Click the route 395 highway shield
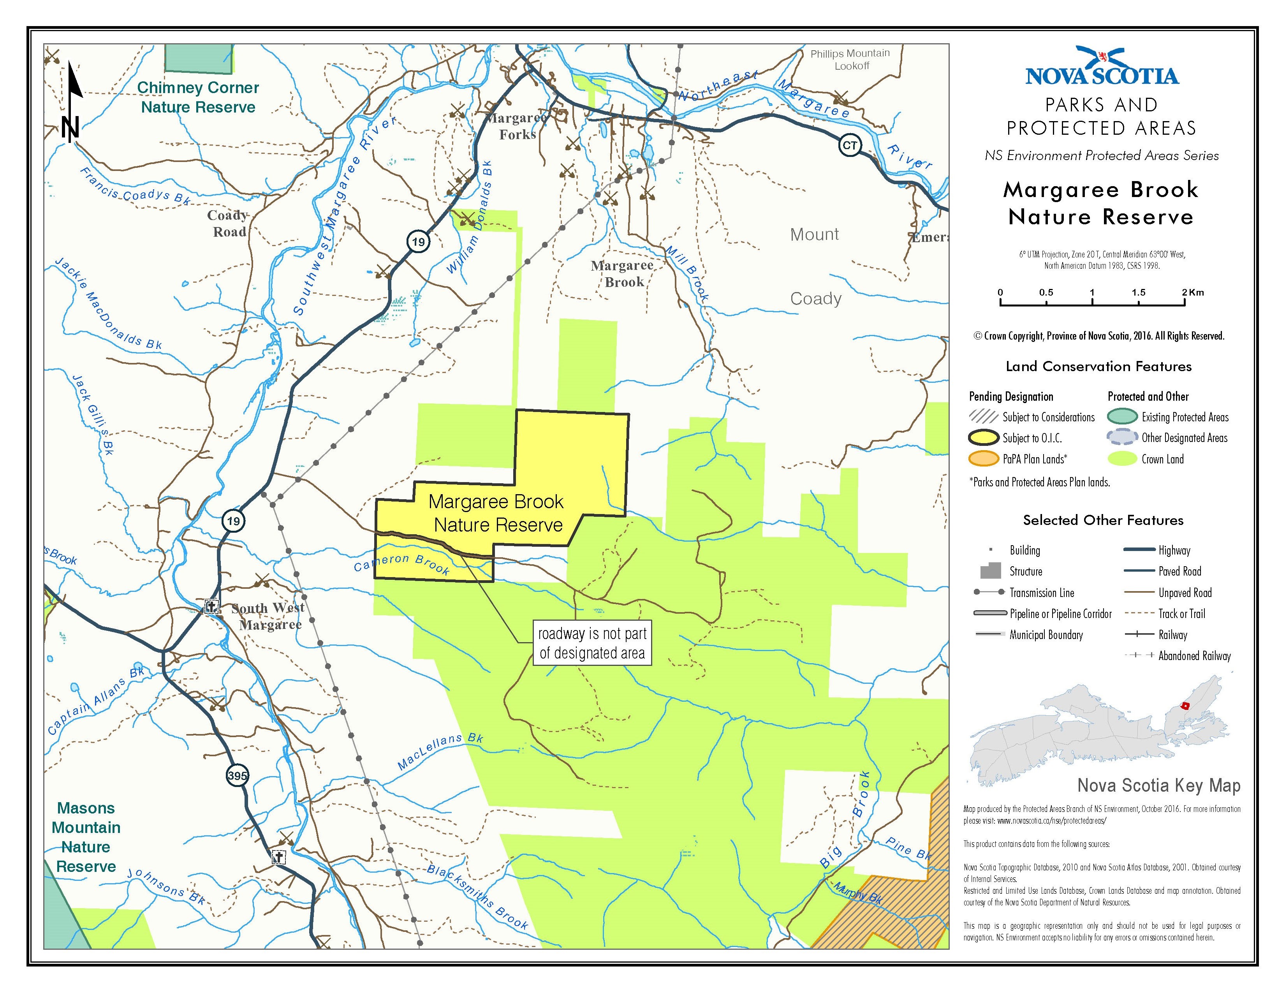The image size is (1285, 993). click(x=237, y=775)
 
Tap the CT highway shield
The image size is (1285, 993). click(x=850, y=145)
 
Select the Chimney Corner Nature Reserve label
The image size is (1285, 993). click(x=198, y=97)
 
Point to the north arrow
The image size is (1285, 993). click(x=73, y=103)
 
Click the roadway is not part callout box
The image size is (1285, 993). click(x=592, y=643)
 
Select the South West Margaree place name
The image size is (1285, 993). click(x=268, y=616)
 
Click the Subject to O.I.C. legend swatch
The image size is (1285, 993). click(x=984, y=438)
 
